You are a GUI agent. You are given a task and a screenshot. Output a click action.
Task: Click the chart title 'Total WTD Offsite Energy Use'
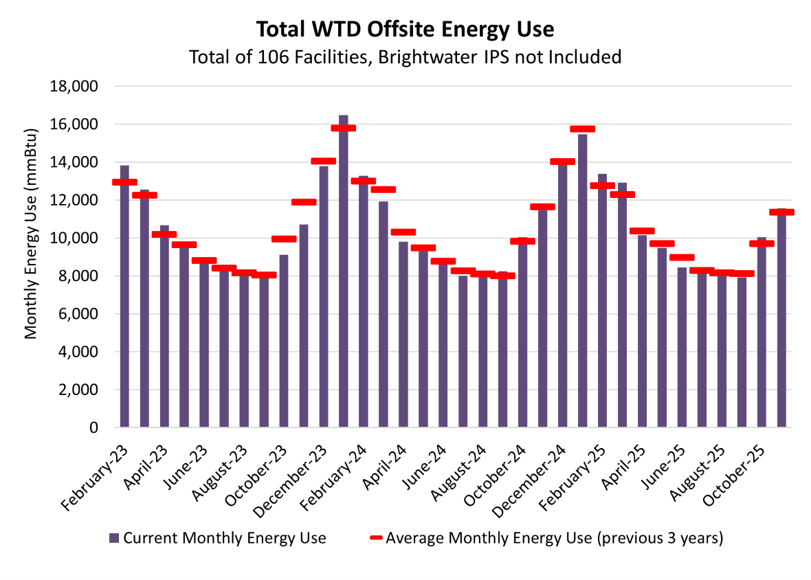pyautogui.click(x=405, y=30)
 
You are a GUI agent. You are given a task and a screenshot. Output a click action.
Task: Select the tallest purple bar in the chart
pyautogui.click(x=344, y=275)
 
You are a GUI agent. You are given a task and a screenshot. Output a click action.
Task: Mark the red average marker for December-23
pyautogui.click(x=324, y=161)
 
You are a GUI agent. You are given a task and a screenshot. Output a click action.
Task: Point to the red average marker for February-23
pyautogui.click(x=124, y=182)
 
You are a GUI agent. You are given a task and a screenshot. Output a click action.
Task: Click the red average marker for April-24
pyautogui.click(x=403, y=232)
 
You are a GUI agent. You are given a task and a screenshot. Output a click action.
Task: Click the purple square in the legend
pyautogui.click(x=114, y=538)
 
